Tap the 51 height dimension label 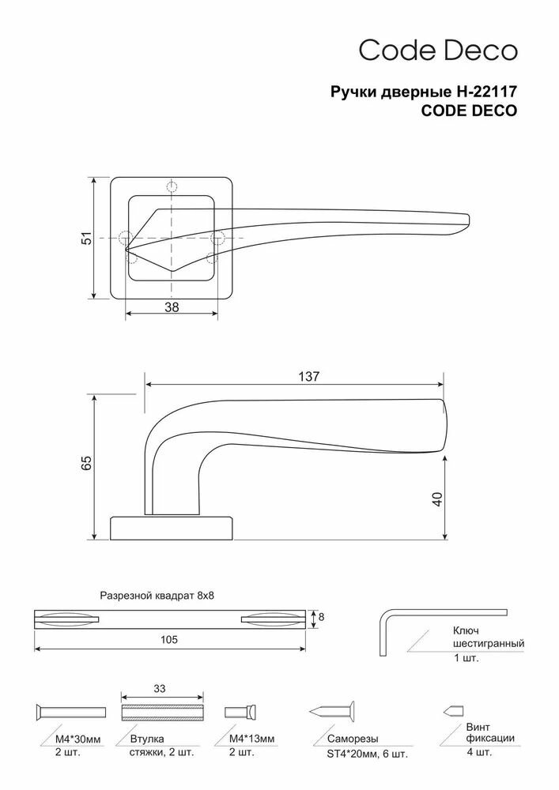89,238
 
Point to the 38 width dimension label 172,309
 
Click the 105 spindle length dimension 169,638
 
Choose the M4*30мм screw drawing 70,709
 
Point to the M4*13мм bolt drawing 240,709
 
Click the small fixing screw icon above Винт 453,709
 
